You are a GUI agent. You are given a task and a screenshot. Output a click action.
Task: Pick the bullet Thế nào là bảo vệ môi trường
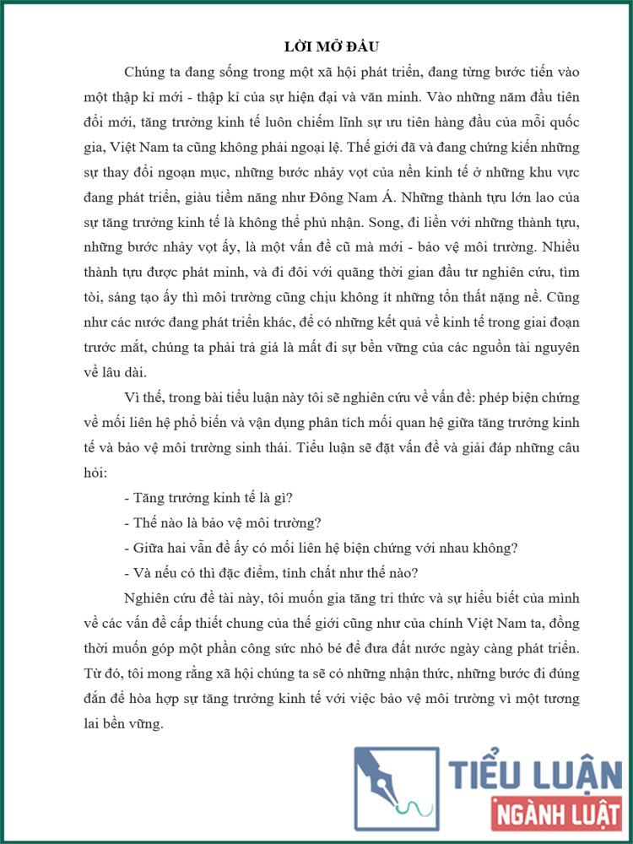228,522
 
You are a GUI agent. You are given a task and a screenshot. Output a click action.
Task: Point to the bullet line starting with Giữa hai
320,547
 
